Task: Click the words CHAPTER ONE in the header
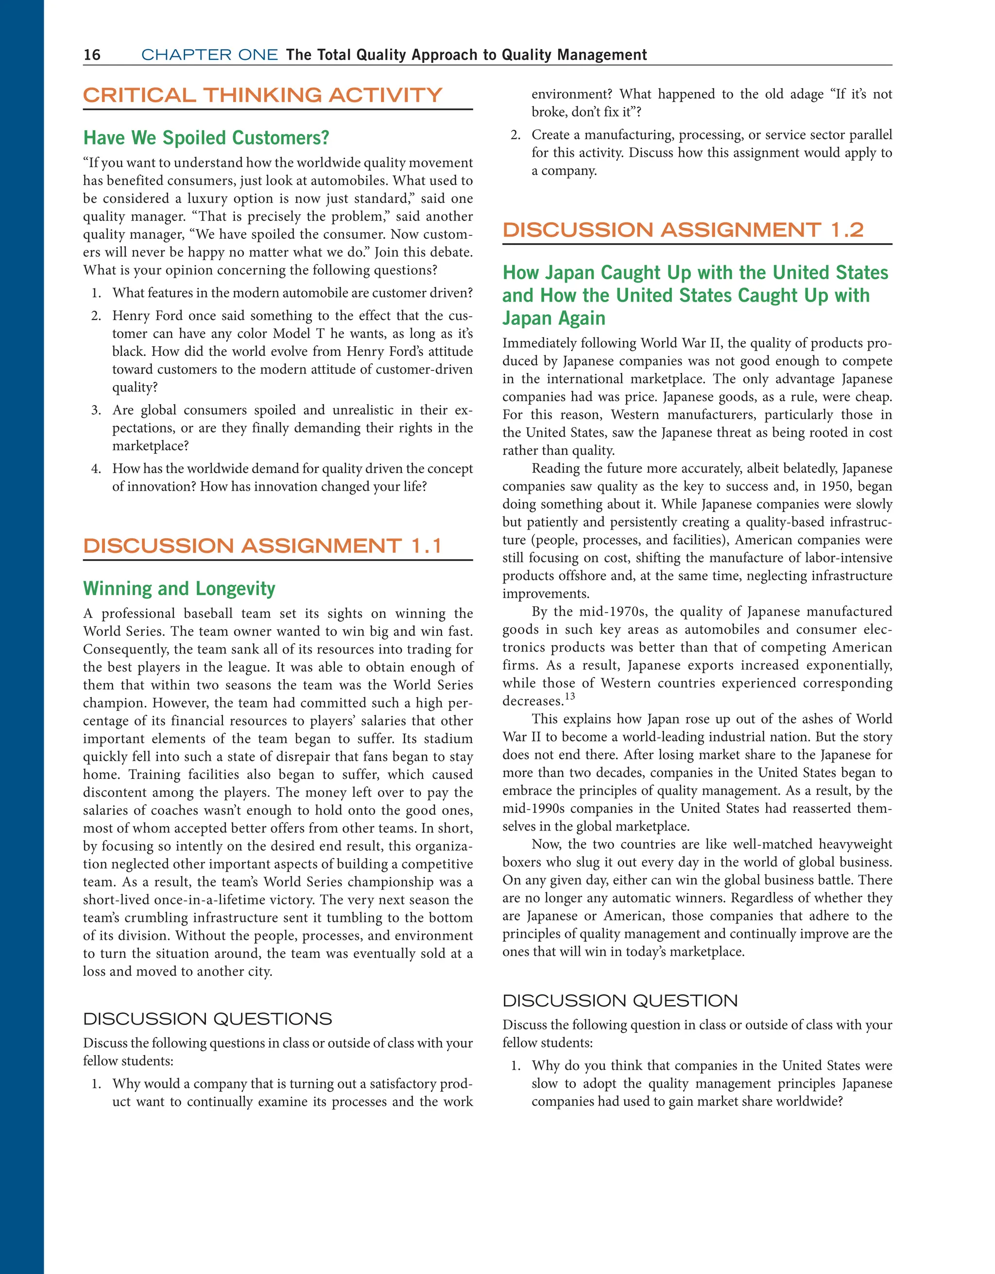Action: [209, 55]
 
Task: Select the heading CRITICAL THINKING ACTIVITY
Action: [262, 95]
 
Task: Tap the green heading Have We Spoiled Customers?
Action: [206, 138]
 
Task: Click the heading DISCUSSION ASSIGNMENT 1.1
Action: [262, 546]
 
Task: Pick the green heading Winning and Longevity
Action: [179, 588]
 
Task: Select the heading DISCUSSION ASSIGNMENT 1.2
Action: [683, 230]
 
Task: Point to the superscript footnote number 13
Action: [569, 696]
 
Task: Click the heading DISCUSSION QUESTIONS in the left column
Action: [207, 1019]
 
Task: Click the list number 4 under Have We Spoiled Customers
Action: [96, 469]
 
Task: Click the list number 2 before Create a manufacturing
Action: [515, 135]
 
